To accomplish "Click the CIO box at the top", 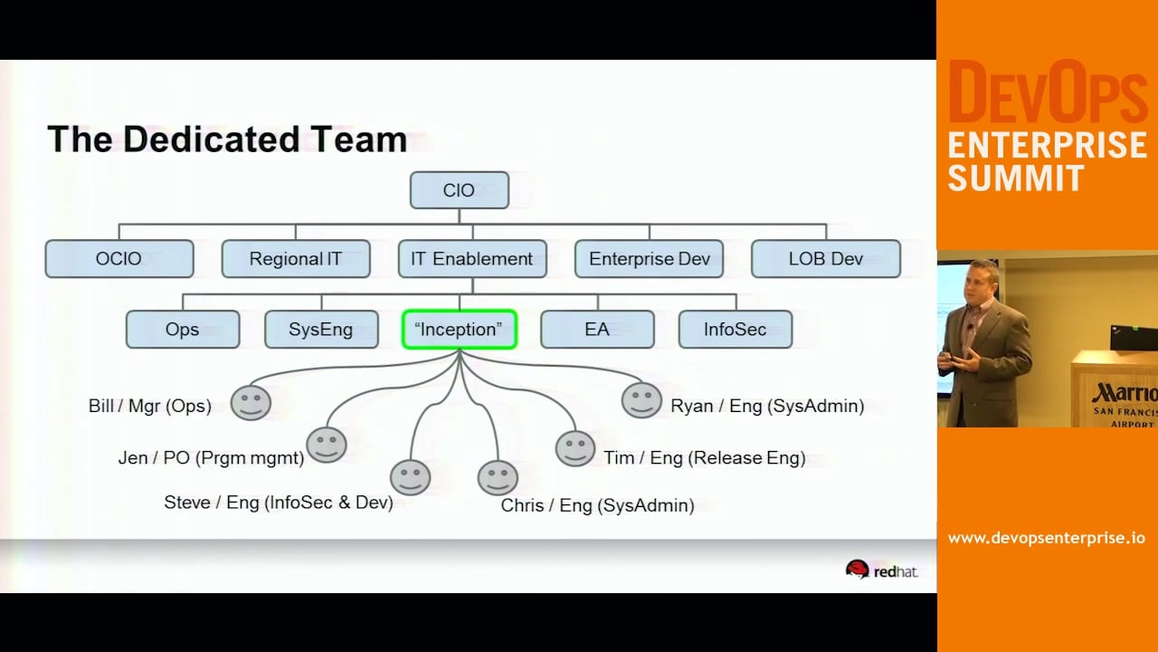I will click(459, 190).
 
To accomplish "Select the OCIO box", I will click(119, 259).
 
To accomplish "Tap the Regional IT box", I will click(296, 259).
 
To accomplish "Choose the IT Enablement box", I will click(472, 259).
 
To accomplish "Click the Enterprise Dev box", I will click(649, 259).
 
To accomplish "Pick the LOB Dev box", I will click(825, 259).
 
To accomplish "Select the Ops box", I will click(182, 330).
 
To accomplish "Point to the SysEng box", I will click(321, 330).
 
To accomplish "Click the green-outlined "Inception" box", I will click(459, 330).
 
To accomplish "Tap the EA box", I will click(597, 330).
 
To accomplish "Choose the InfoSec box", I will click(735, 330).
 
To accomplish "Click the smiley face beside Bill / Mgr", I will click(251, 402).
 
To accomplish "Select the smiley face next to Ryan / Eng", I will click(641, 400).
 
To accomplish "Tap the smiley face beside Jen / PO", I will click(327, 445).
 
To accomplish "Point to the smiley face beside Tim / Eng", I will click(575, 448).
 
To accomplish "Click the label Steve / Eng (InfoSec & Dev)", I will click(279, 503).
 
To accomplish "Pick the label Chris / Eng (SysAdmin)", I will click(598, 505).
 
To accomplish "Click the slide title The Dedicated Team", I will click(227, 139).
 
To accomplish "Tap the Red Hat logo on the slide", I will click(881, 570).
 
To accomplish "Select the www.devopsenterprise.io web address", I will click(1047, 538).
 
